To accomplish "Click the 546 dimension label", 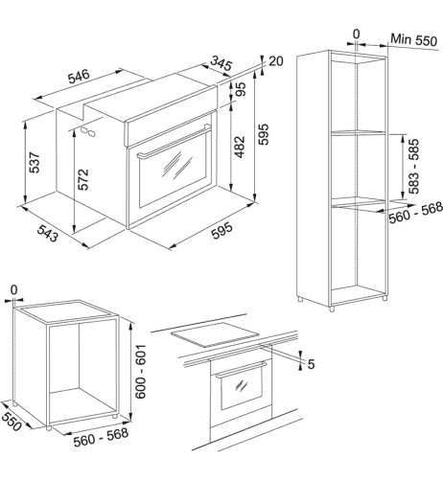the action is point(79,77).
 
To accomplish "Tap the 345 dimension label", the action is point(221,63).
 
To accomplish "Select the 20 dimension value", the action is point(276,61).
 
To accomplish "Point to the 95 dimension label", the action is point(242,89).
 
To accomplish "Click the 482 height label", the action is point(239,147).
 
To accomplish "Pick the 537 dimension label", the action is point(35,163).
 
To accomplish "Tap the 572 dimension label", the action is point(83,179).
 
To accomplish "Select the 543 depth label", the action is point(48,233).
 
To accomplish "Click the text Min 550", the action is point(413,40).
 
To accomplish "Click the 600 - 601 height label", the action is point(140,372).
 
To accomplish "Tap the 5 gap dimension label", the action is point(311,364).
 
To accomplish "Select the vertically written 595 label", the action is point(264,134).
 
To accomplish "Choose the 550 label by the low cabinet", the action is point(12,421).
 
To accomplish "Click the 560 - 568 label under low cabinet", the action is point(101,437).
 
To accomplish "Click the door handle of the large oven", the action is point(175,142).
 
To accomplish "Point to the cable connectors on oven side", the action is point(88,131).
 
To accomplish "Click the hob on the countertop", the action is point(215,334).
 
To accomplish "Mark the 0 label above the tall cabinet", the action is point(357,34).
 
